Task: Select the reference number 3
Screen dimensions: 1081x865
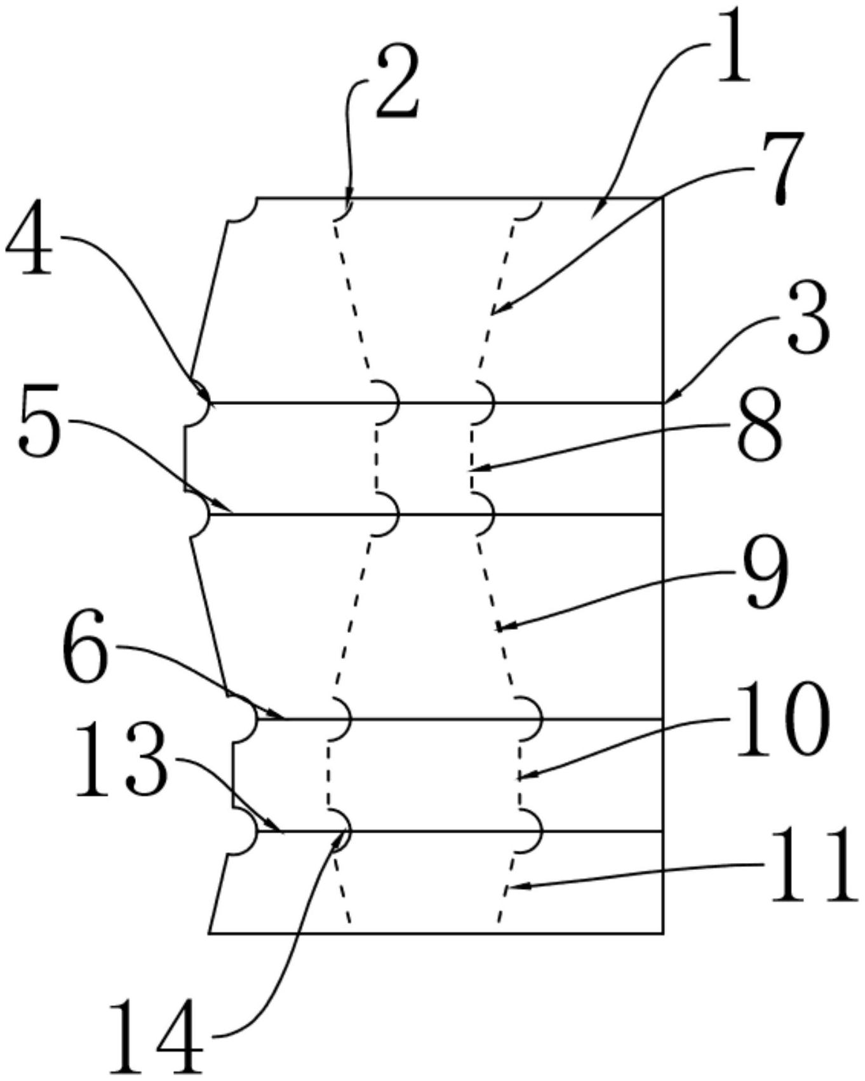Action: tap(808, 322)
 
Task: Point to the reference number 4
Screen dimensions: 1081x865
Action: tap(29, 240)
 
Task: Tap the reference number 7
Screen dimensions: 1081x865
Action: tap(782, 167)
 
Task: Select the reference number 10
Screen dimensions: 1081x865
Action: tap(782, 719)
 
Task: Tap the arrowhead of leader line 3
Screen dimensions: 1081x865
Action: tap(667, 401)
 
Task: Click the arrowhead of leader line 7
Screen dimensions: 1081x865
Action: tap(493, 314)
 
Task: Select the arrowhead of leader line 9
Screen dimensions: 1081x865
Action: tap(498, 629)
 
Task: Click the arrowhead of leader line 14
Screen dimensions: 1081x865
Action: tap(339, 836)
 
